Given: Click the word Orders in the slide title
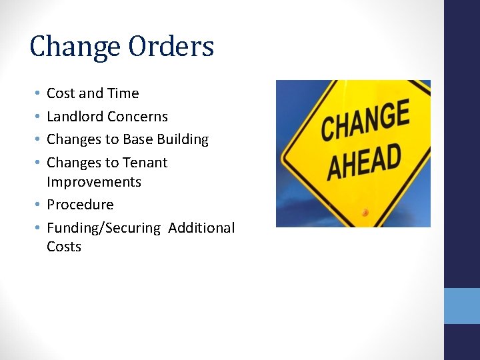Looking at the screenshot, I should (x=172, y=47).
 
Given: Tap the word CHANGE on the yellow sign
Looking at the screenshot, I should (x=365, y=121).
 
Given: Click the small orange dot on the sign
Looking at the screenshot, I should (x=365, y=213).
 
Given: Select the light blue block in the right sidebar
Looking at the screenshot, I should (x=461, y=306).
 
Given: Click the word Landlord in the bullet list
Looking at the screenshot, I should (x=74, y=117).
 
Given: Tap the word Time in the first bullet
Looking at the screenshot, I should (x=123, y=94).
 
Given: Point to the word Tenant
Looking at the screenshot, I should (x=145, y=163).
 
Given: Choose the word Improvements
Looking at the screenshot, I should (x=94, y=182).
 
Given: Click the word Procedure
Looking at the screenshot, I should (x=80, y=205).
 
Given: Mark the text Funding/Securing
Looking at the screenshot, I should (x=103, y=228).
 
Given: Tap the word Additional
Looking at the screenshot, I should (x=201, y=228).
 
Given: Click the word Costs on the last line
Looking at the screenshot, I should (x=64, y=247).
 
